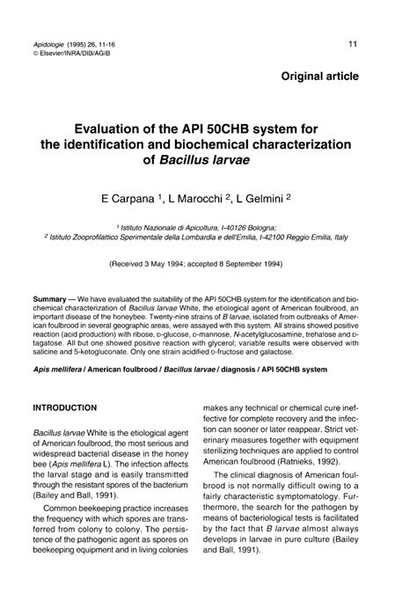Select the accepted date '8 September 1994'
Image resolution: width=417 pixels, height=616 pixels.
[x=257, y=263]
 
